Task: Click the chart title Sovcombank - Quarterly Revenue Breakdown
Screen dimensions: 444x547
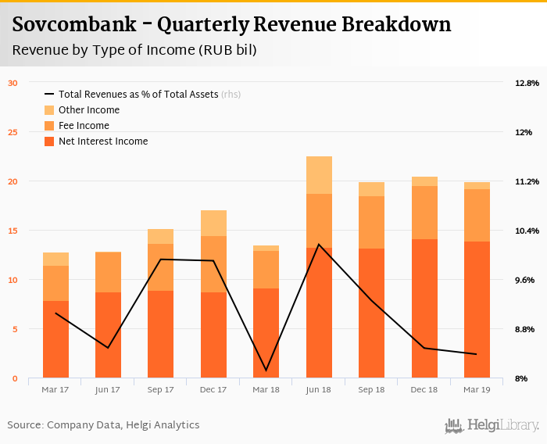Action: click(x=231, y=24)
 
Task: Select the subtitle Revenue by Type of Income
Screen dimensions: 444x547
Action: click(x=134, y=50)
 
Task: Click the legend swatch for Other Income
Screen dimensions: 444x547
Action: click(x=49, y=110)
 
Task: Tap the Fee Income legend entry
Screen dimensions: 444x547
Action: click(x=84, y=126)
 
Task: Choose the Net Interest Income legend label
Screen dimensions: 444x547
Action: click(x=102, y=141)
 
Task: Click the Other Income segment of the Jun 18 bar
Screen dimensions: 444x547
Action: click(x=319, y=175)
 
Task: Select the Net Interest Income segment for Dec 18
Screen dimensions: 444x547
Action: click(x=424, y=309)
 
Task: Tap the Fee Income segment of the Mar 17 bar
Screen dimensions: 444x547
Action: click(x=55, y=283)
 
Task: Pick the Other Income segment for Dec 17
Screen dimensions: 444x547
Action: click(x=213, y=223)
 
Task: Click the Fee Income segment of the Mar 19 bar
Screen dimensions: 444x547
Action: click(x=477, y=215)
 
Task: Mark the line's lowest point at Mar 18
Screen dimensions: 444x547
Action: click(x=266, y=371)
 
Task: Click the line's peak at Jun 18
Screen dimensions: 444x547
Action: click(x=319, y=245)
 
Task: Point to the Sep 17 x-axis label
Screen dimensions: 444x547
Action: click(x=160, y=389)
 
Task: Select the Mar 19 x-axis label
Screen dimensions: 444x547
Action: click(x=477, y=389)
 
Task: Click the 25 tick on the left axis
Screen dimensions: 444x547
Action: click(x=13, y=132)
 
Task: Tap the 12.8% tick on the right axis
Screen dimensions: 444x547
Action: click(x=527, y=83)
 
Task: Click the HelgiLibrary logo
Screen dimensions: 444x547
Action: click(x=492, y=426)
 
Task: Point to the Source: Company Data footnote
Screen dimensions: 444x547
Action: click(x=103, y=425)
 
